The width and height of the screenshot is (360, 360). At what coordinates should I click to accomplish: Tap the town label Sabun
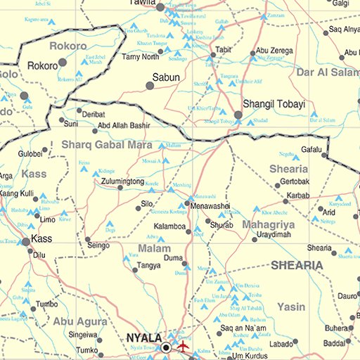(167, 77)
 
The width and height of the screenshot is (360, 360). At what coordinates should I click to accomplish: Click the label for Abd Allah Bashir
(124, 126)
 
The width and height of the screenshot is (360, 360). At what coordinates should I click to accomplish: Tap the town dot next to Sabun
(150, 85)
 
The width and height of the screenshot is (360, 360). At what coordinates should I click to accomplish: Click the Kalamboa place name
(170, 227)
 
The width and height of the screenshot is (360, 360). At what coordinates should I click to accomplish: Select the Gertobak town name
(294, 181)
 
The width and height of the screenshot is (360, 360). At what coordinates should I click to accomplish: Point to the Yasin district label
(291, 307)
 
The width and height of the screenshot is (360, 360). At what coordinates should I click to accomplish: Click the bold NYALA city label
(144, 338)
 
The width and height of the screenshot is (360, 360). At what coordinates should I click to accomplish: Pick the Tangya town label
(148, 266)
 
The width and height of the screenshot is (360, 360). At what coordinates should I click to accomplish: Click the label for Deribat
(94, 114)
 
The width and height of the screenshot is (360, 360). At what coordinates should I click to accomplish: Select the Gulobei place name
(30, 153)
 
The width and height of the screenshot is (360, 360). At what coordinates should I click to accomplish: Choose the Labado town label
(281, 343)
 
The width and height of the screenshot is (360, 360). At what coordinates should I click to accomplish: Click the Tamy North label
(141, 57)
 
